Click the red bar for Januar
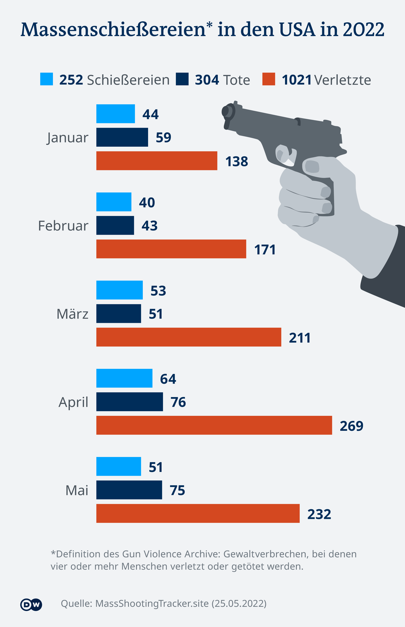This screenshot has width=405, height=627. click(157, 161)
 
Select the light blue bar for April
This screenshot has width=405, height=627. click(124, 378)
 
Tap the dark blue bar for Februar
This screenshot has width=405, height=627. click(115, 225)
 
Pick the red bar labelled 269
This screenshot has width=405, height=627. click(214, 425)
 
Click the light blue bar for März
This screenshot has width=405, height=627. click(119, 290)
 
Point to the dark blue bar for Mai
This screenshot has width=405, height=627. click(129, 490)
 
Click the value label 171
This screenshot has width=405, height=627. click(265, 249)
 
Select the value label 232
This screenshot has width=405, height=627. click(319, 514)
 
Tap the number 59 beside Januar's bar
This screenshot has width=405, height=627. click(163, 137)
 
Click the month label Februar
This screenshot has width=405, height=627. click(63, 226)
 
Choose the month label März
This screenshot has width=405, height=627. click(72, 314)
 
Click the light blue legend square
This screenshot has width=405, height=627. click(47, 79)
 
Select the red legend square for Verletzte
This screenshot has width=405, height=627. click(269, 79)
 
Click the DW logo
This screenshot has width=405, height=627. click(31, 604)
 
